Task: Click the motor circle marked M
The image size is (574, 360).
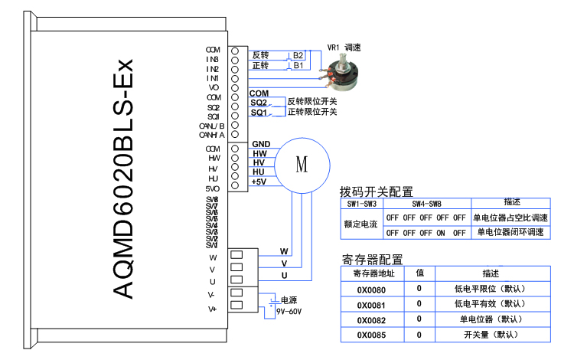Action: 301,165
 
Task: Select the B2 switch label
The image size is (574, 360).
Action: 298,56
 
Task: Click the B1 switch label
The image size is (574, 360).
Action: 298,66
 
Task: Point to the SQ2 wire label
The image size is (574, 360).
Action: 259,103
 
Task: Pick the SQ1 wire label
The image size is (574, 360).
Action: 259,113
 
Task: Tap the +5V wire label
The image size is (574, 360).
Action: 259,182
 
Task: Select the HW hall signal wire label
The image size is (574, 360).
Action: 259,154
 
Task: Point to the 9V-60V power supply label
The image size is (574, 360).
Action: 289,311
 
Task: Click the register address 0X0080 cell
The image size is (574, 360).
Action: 371,289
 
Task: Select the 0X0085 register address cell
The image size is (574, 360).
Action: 371,335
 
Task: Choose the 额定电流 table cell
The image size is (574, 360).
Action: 360,224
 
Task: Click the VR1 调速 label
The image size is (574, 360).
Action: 344,47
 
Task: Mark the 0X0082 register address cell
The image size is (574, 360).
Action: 371,319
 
